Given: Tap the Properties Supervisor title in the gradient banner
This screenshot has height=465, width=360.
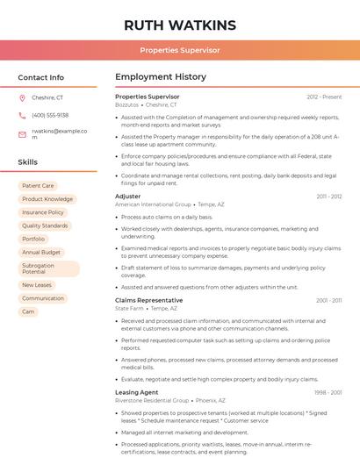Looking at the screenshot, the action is coord(179,50).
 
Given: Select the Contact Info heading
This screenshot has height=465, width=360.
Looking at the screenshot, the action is coord(40,77).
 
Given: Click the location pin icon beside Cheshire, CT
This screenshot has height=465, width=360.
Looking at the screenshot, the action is coord(22,98).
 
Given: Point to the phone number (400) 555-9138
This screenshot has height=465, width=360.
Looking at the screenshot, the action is coord(50,115).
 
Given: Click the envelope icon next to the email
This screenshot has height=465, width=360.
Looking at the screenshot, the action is coord(22,133).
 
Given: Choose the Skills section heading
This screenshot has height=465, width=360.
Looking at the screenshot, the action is coord(27,162).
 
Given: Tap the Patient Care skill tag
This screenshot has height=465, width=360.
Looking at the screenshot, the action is coord(38,186).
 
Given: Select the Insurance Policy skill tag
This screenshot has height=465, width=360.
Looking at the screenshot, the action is coord(43,212).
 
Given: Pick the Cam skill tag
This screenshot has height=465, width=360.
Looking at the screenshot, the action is coord(28,311).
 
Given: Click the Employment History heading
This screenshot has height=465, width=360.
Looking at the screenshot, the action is coord(161,77).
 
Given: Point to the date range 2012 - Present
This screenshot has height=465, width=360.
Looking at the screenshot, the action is coord(324,97).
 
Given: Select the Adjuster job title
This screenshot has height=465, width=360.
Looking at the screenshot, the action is coord(127,197).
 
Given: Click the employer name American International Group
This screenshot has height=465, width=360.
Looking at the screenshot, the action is coord(153,204).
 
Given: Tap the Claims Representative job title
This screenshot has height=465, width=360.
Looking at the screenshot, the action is coord(148,300).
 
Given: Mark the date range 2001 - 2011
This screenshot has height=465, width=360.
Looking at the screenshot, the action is coord(328,300).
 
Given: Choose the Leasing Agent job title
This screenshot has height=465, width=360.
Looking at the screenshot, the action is coord(136,392).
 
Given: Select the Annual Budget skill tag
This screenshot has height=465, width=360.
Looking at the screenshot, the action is coord(41,252).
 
